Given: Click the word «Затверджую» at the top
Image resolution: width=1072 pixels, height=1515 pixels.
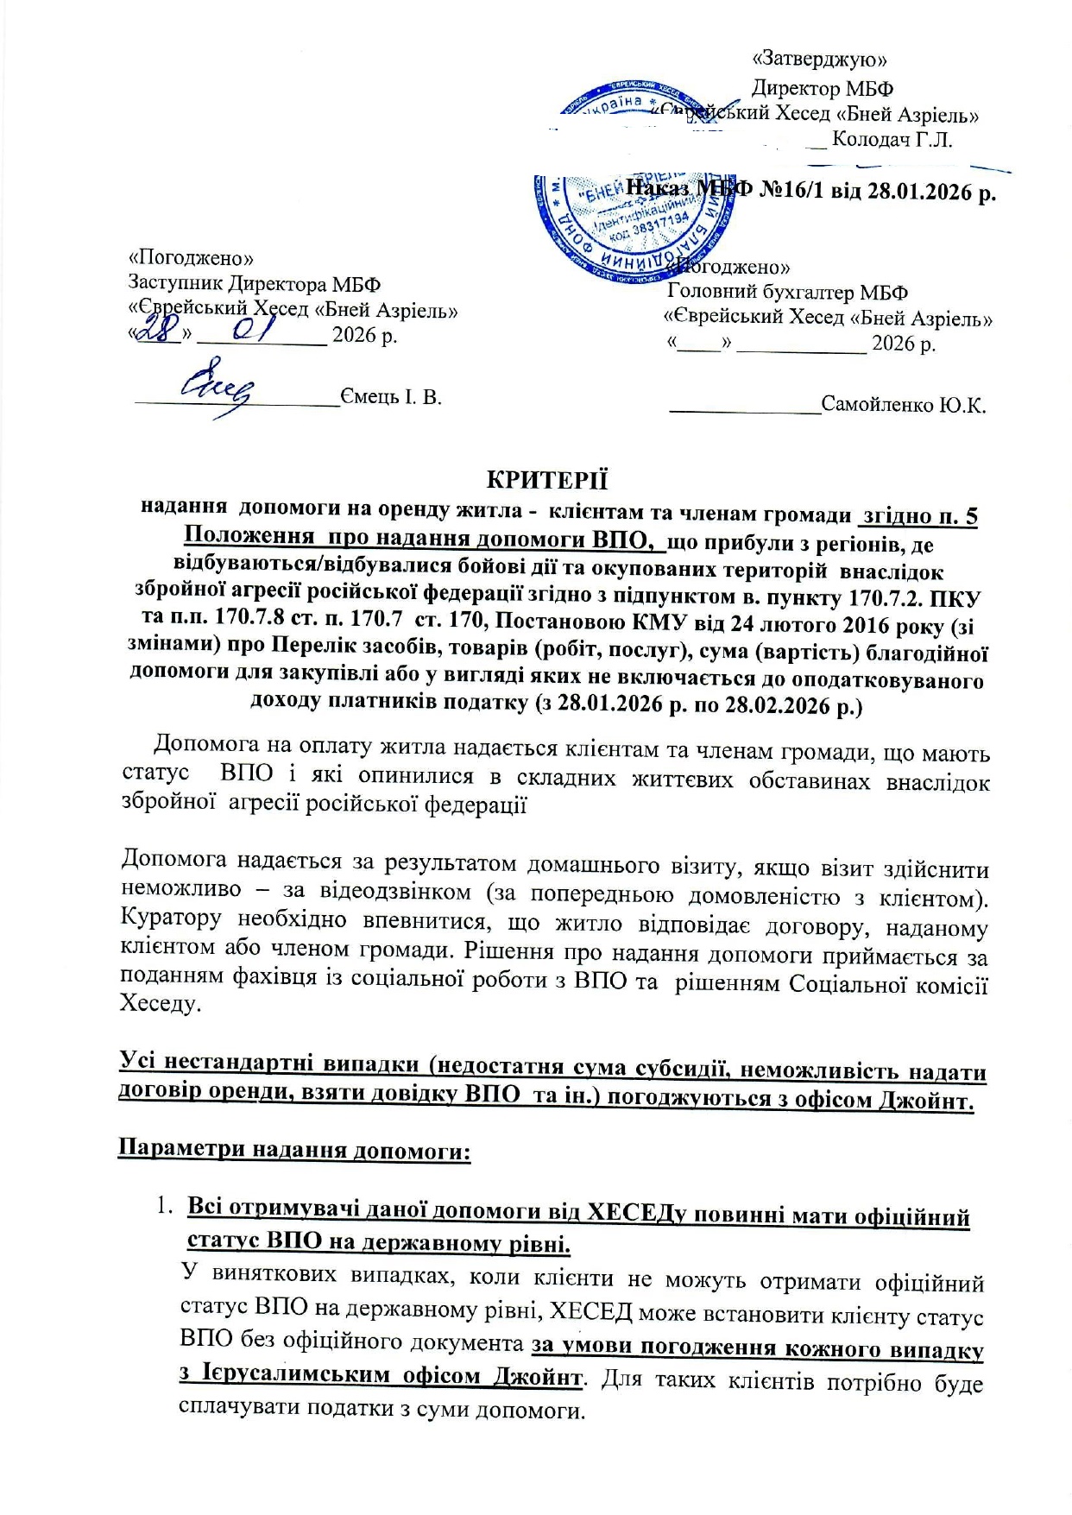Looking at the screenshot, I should click(820, 60).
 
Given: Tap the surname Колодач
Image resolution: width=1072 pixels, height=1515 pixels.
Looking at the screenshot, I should click(874, 140).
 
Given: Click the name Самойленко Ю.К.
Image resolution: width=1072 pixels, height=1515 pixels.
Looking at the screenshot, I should click(904, 405).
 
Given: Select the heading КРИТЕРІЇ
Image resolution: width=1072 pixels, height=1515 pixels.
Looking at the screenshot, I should click(547, 479).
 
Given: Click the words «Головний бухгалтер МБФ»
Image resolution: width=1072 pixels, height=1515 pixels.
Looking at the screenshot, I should click(787, 293).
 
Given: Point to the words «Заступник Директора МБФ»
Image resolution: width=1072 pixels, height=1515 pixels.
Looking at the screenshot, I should click(254, 284).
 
